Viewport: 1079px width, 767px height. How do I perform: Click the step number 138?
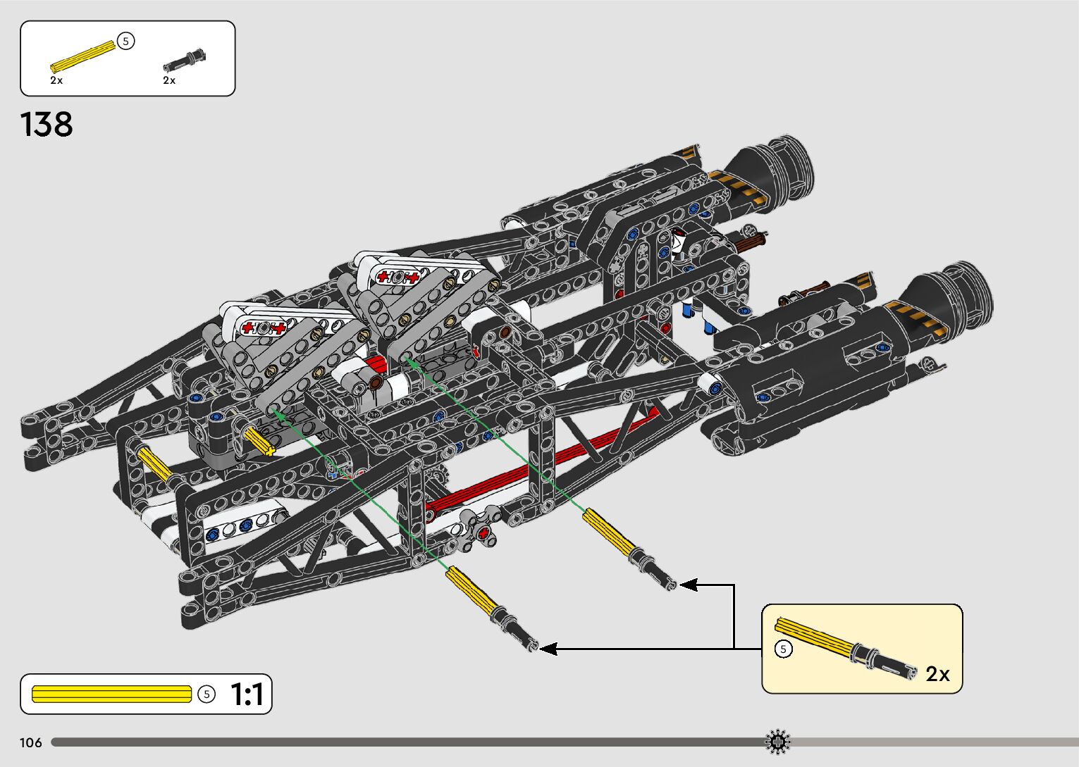(x=47, y=125)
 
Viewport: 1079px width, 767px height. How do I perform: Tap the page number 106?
(x=31, y=742)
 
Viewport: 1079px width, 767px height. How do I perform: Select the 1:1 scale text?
(x=247, y=694)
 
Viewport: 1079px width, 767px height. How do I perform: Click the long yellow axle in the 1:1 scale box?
(x=111, y=694)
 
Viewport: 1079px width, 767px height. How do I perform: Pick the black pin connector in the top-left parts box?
(x=184, y=59)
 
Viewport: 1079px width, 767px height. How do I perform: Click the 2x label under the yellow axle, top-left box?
(x=56, y=80)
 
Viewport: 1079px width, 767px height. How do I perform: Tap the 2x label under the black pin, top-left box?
(x=169, y=80)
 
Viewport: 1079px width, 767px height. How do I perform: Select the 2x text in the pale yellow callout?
(x=937, y=674)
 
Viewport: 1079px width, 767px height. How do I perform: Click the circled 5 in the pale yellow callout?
(x=783, y=649)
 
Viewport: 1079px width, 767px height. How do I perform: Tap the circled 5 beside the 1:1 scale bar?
(x=206, y=694)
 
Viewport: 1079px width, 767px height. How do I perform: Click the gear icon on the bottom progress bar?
(x=777, y=742)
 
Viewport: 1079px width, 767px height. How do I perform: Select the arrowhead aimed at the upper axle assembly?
(x=688, y=585)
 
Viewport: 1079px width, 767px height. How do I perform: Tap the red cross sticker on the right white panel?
(x=397, y=276)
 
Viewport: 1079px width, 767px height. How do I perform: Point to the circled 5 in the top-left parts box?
(x=125, y=42)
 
